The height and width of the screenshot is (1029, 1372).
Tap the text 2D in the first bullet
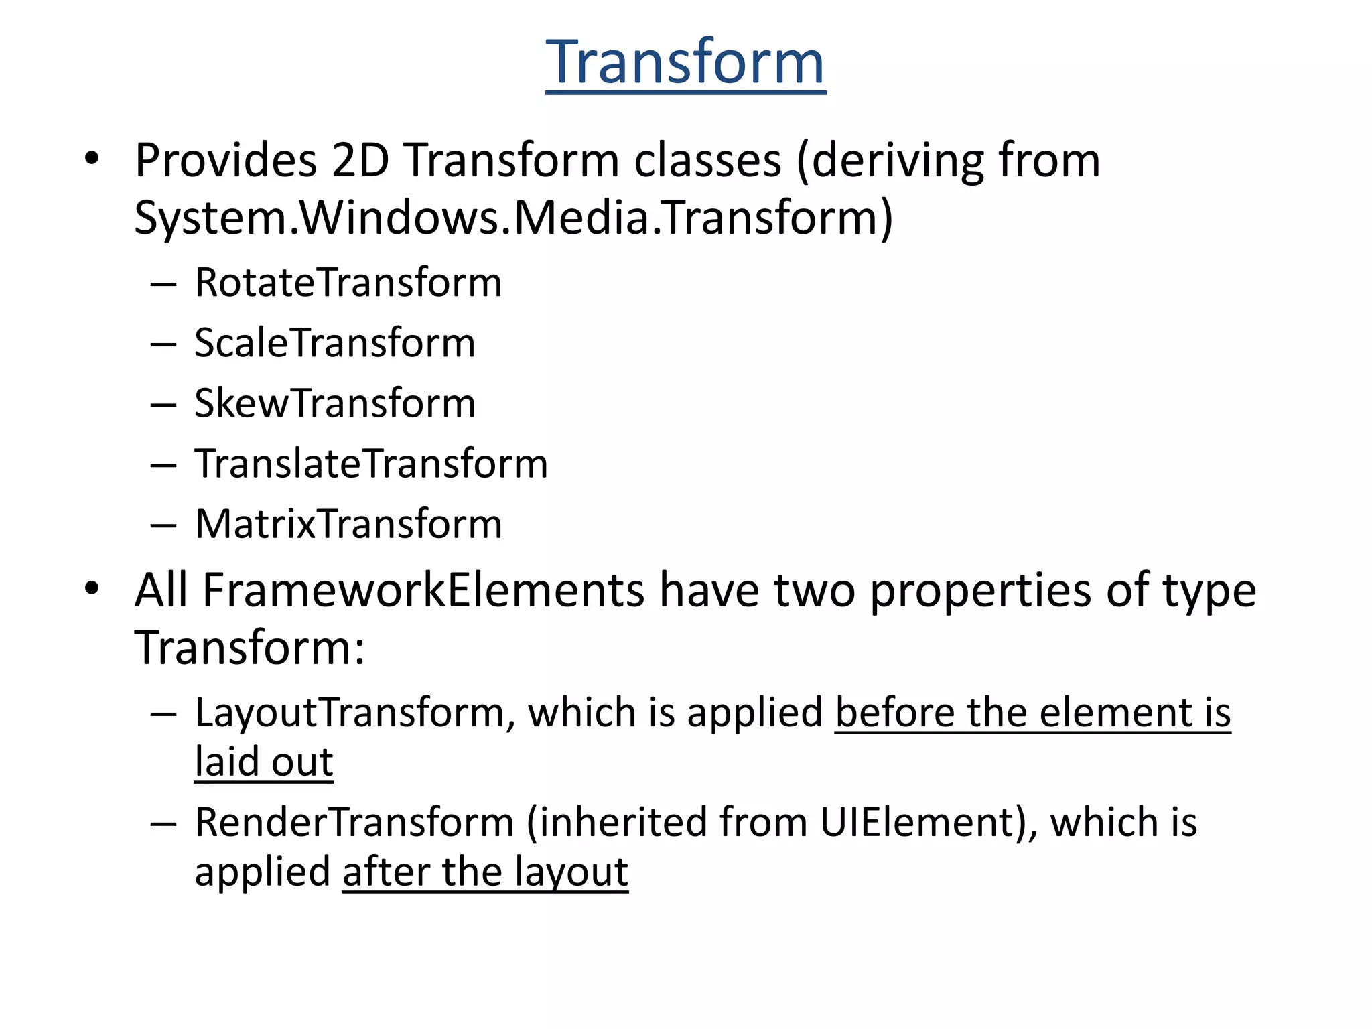click(360, 161)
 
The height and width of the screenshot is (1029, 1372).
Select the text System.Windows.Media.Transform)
click(513, 218)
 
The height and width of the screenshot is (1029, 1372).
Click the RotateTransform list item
click(348, 283)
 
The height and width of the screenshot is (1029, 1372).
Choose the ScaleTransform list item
click(335, 343)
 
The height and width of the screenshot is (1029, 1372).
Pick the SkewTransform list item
click(335, 403)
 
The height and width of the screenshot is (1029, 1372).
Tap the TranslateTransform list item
click(371, 464)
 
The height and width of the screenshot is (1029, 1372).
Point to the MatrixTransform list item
click(348, 524)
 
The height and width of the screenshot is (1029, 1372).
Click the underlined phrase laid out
click(264, 762)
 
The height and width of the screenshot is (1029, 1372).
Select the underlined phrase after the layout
click(485, 872)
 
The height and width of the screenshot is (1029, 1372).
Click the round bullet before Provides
click(92, 159)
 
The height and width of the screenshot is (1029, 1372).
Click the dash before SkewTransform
click(163, 405)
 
